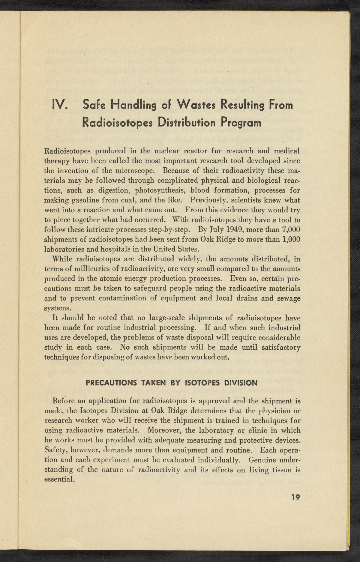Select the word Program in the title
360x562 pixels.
pos(241,123)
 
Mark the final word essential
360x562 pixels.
pos(58,480)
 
